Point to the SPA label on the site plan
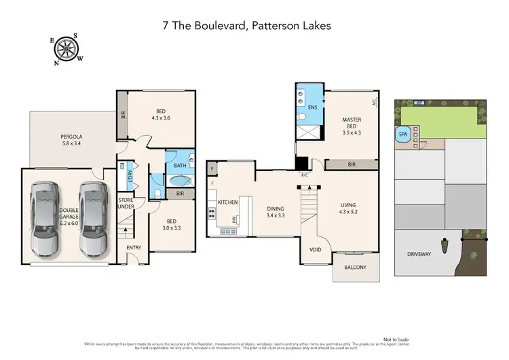402,134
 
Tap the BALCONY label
354,267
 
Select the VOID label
315,249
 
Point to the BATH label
180,165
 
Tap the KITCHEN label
227,203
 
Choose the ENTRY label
134,247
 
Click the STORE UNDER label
126,203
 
